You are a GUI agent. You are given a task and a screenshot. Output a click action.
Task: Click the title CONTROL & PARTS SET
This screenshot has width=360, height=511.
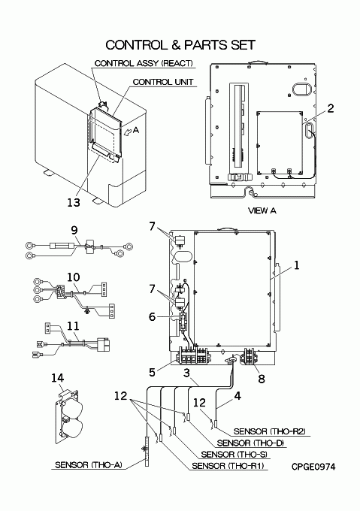[x=180, y=45]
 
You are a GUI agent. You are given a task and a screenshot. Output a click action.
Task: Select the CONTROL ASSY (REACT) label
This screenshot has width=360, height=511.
[x=144, y=63]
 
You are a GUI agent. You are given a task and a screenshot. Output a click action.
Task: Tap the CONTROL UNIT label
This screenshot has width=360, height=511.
[x=163, y=82]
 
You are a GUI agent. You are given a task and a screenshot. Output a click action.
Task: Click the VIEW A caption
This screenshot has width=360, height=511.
[x=262, y=210]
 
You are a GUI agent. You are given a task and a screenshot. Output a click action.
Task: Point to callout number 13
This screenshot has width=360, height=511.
[x=74, y=202]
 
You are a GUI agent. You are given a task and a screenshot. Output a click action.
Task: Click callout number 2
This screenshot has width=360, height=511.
[x=331, y=108]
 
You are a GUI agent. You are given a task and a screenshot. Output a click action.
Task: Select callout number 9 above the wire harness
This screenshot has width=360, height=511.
[x=74, y=231]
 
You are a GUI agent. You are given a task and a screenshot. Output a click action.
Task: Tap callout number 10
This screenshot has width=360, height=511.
[x=74, y=277]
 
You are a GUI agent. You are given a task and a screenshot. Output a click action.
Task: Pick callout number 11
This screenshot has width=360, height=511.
[x=74, y=325]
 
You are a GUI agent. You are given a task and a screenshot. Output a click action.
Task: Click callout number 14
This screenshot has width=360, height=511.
[x=57, y=378]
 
